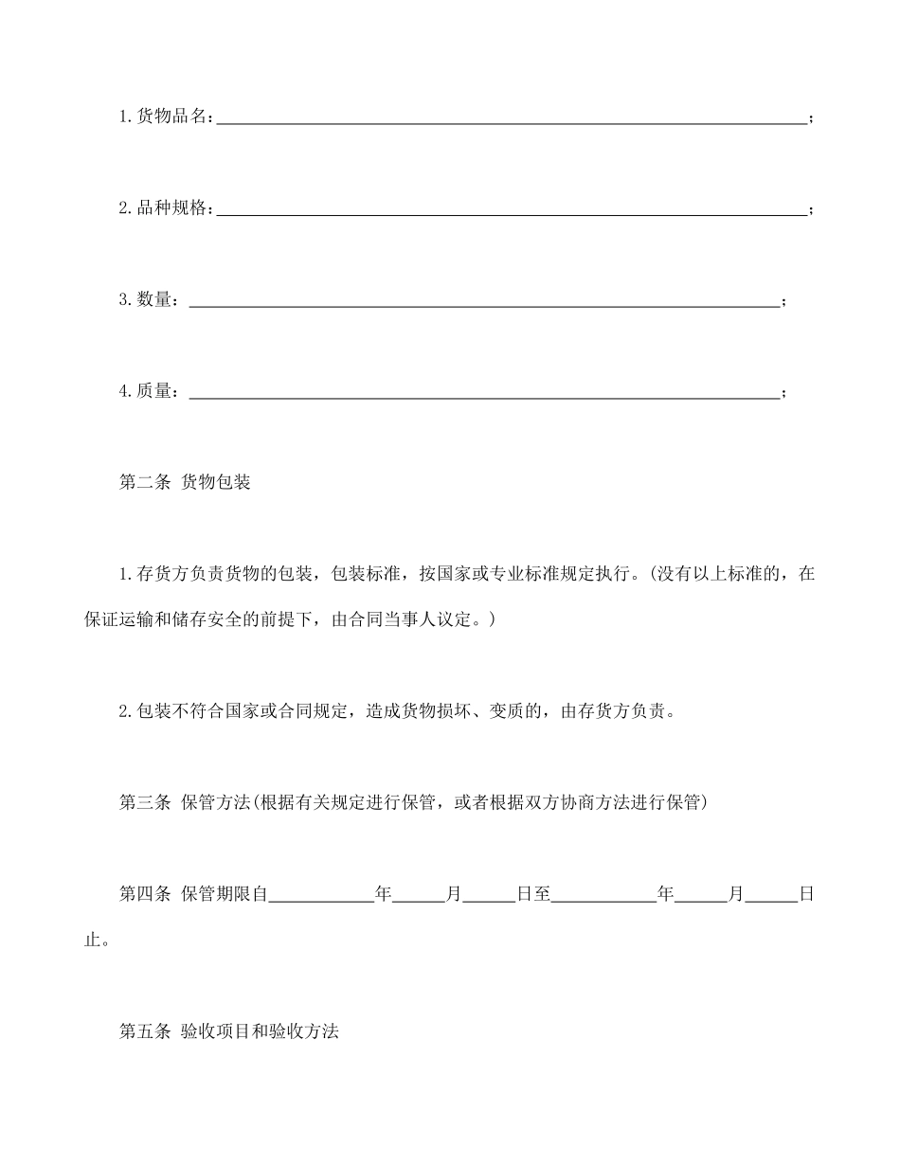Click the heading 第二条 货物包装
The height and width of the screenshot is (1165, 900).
pos(185,483)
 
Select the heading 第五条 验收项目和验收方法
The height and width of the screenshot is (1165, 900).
pos(228,1032)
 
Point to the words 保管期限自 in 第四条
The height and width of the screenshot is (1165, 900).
pos(226,894)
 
